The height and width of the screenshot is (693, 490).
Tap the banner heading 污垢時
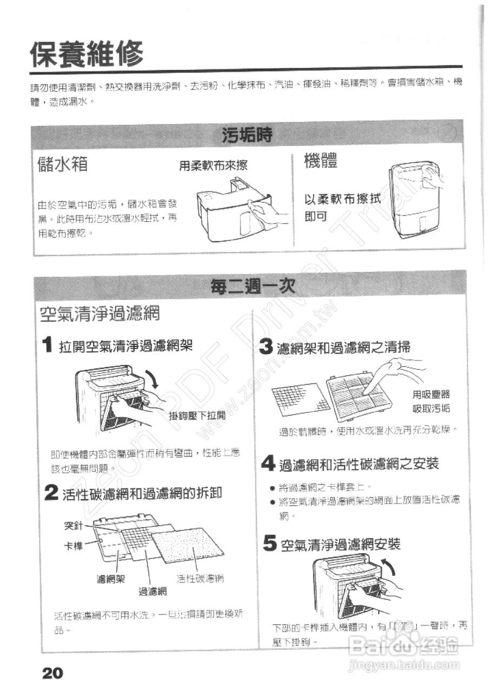(x=247, y=135)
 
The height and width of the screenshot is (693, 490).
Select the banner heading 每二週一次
(x=253, y=285)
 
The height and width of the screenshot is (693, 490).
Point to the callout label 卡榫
(x=74, y=545)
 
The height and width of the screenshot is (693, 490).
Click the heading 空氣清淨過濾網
(x=100, y=314)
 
